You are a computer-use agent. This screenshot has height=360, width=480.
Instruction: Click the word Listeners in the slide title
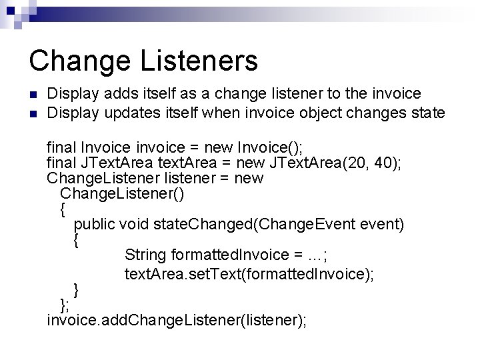tap(198, 61)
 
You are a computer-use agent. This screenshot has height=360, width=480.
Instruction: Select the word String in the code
tap(145, 255)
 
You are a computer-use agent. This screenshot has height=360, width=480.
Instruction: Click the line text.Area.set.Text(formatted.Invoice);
tap(249, 274)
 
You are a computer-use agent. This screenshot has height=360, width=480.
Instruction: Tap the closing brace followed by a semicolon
tap(64, 305)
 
